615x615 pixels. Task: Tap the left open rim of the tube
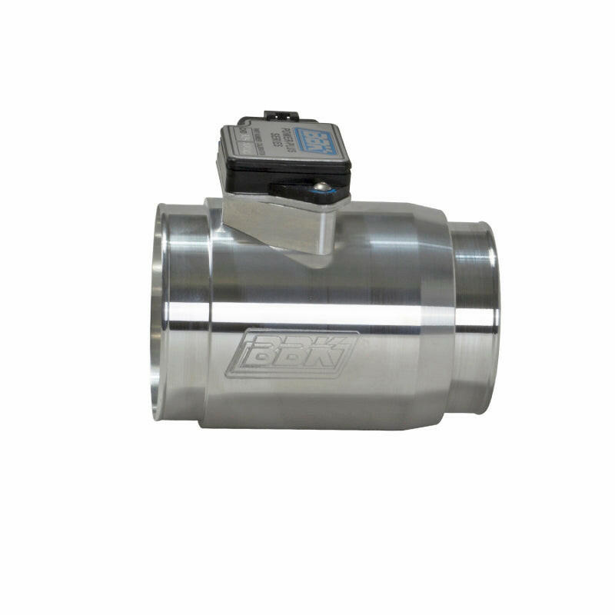coord(158,307)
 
